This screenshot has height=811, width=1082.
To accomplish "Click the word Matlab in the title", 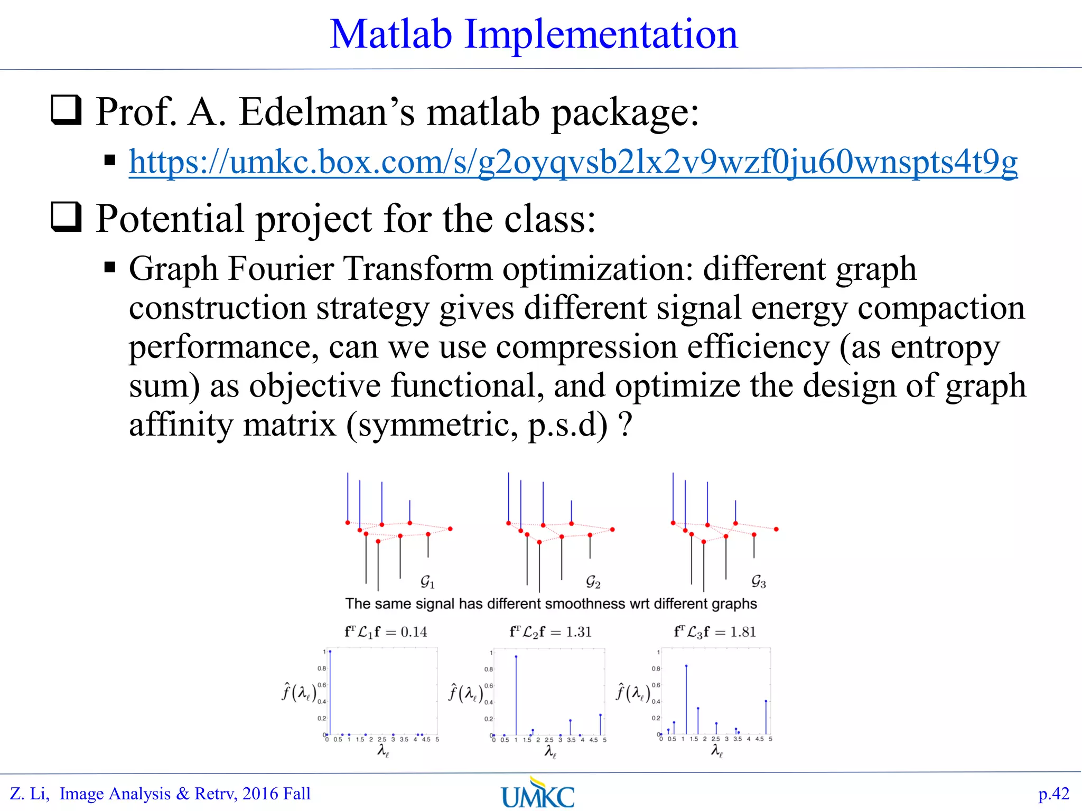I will pos(391,35).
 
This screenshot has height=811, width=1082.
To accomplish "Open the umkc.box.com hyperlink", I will pos(573,162).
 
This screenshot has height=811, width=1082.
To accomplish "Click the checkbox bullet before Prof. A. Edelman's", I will pos(66,110).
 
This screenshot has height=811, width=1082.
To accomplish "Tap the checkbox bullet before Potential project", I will pos(66,217).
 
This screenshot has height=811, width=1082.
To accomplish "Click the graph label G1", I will pos(427,582).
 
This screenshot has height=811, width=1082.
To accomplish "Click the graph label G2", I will pos(593,582).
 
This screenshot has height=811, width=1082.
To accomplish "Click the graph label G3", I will pos(759,582).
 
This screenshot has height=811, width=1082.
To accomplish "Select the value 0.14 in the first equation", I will pos(414,632).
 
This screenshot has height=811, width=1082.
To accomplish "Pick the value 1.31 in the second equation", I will pos(579,632).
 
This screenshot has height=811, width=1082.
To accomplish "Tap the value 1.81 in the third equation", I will pos(743,632).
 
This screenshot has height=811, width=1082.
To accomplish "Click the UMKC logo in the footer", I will pos(538,794).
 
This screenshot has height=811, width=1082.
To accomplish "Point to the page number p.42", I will pos(1053,794).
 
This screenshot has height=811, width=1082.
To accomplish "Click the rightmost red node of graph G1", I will pos(450,529).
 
